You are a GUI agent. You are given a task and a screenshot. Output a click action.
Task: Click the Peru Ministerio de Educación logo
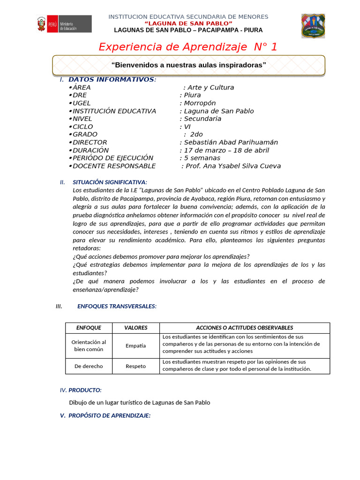(64, 24)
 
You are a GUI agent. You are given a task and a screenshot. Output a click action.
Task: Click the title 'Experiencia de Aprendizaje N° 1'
(187, 47)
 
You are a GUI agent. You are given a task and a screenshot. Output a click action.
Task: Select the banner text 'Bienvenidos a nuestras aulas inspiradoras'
(188, 65)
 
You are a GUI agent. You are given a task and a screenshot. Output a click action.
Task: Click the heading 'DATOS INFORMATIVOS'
(111, 79)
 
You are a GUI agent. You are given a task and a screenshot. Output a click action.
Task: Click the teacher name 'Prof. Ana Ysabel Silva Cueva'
(233, 166)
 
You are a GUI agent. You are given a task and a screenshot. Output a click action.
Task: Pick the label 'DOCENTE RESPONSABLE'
(114, 166)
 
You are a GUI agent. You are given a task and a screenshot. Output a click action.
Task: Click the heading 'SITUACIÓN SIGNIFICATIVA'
(110, 182)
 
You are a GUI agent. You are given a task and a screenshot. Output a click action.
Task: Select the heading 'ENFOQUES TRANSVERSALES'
(117, 306)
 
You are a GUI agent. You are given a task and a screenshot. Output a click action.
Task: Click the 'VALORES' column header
(135, 328)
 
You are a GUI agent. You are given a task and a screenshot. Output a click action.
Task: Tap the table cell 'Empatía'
(135, 345)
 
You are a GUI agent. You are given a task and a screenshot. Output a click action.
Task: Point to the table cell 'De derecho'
(89, 366)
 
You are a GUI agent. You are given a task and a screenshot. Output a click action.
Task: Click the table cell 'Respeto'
(135, 366)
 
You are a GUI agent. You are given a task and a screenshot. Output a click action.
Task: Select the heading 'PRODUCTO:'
(85, 390)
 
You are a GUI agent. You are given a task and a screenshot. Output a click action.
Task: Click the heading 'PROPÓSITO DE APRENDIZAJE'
(109, 415)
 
